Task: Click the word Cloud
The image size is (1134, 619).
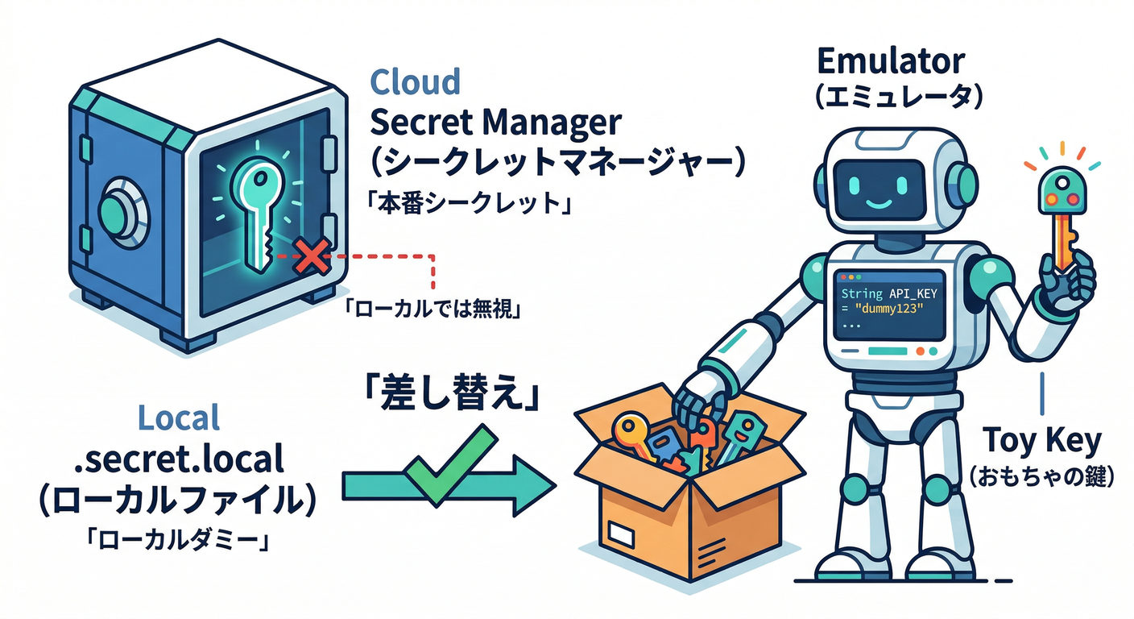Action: [415, 81]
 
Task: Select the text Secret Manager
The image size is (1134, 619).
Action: [495, 122]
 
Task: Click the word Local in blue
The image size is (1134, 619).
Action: [178, 418]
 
